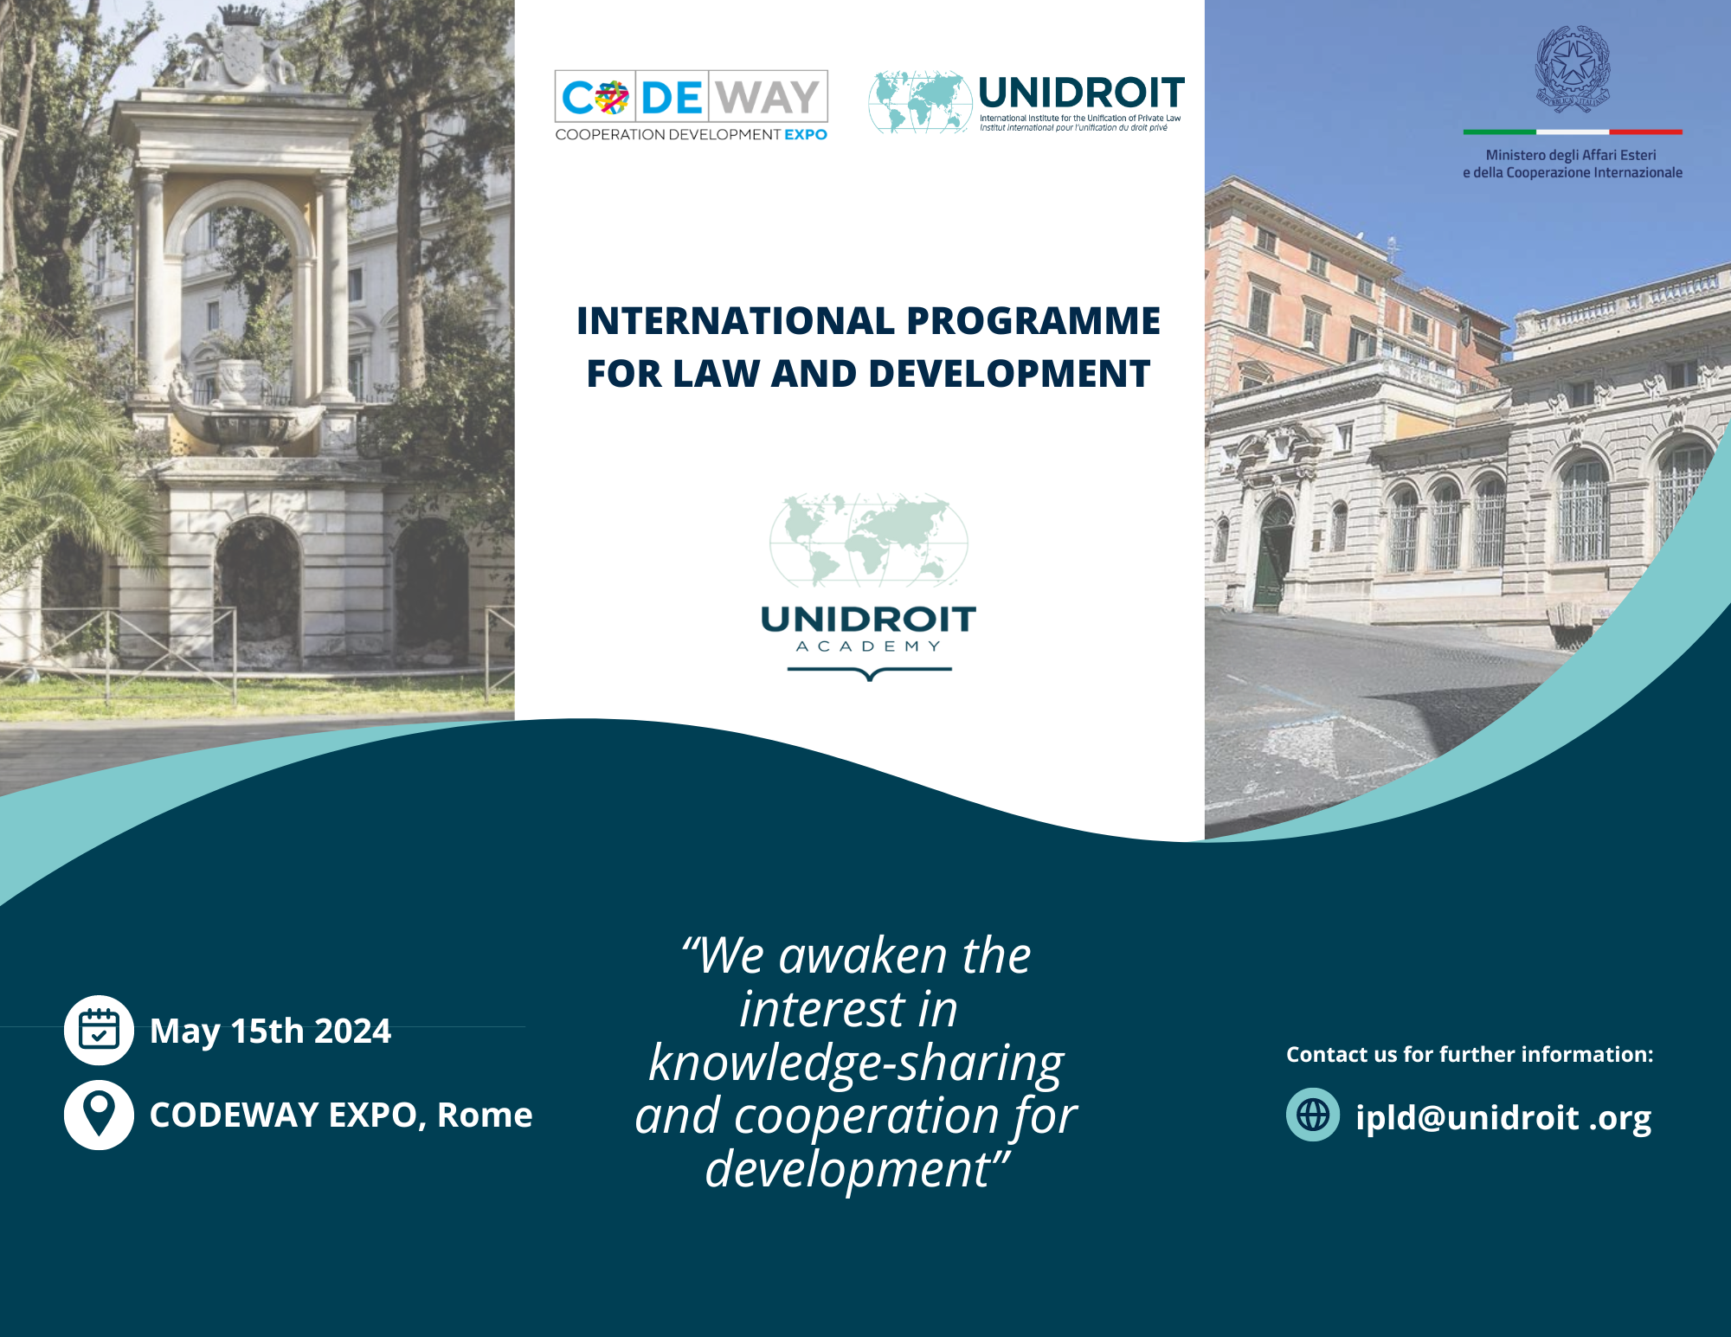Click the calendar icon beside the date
click(x=99, y=1030)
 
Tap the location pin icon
click(x=99, y=1114)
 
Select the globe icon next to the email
click(x=1312, y=1115)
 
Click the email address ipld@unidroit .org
click(x=1503, y=1117)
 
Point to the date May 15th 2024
click(x=270, y=1031)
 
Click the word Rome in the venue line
click(x=485, y=1115)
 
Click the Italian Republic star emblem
click(x=1573, y=69)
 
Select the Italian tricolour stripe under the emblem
click(x=1573, y=132)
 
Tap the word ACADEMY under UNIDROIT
click(x=868, y=646)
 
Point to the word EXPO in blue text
click(x=806, y=135)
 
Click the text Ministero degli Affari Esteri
click(x=1571, y=155)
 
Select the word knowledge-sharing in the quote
click(x=856, y=1063)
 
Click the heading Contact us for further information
click(x=1469, y=1054)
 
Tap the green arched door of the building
click(x=1274, y=558)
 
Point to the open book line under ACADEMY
click(x=869, y=672)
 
